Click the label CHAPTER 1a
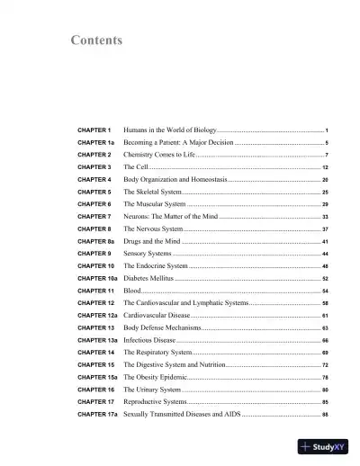click(x=95, y=143)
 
